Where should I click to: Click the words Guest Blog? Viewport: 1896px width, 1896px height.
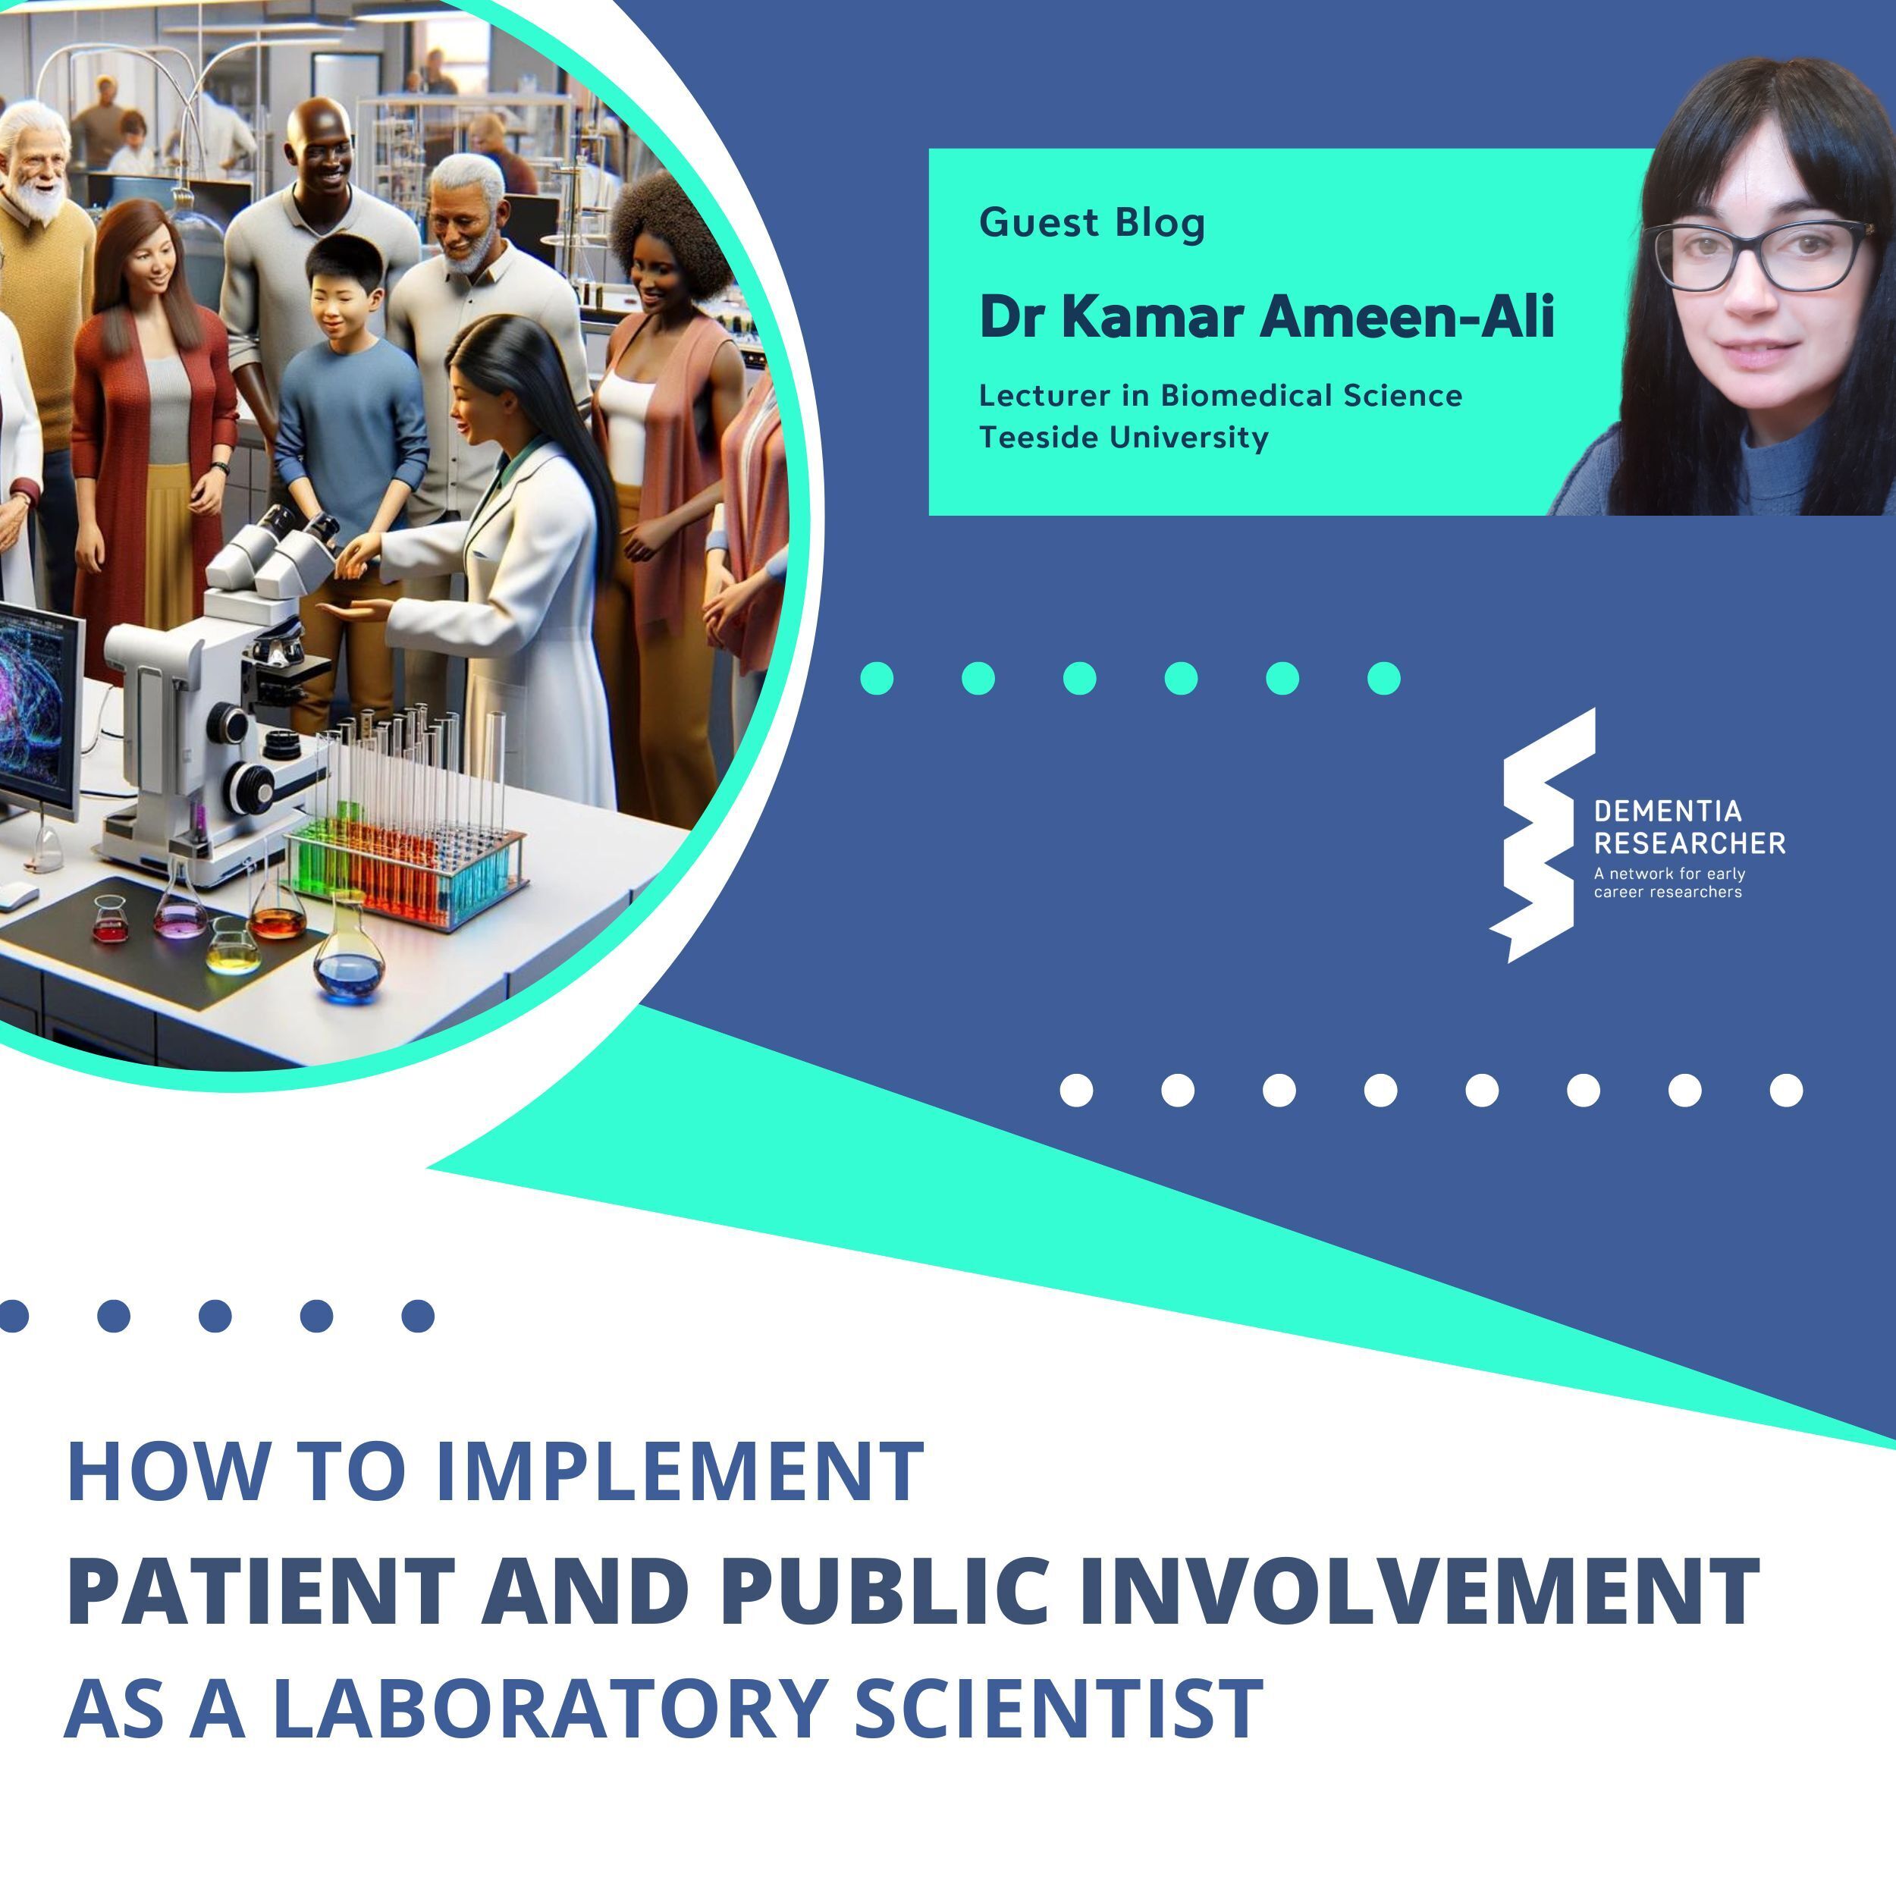pos(1091,223)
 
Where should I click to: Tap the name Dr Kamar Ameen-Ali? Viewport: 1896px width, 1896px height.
pos(1266,317)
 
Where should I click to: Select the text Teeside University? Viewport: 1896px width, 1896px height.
pos(1124,437)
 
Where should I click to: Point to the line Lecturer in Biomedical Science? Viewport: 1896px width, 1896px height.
pos(1220,395)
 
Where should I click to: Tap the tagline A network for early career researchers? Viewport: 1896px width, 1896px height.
pos(1668,882)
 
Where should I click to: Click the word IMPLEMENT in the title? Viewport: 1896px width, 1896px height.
pos(678,1472)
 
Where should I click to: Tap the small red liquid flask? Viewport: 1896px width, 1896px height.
pos(111,921)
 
